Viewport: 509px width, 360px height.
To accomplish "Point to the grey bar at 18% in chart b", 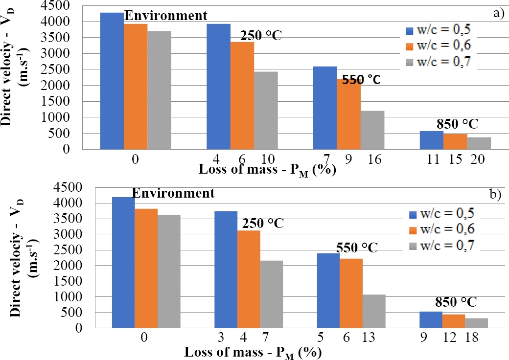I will coord(477,323).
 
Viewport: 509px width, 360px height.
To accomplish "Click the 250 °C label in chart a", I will coord(260,36).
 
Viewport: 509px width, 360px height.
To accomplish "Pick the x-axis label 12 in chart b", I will coord(454,338).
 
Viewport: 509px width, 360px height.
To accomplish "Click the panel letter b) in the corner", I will coord(495,194).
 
